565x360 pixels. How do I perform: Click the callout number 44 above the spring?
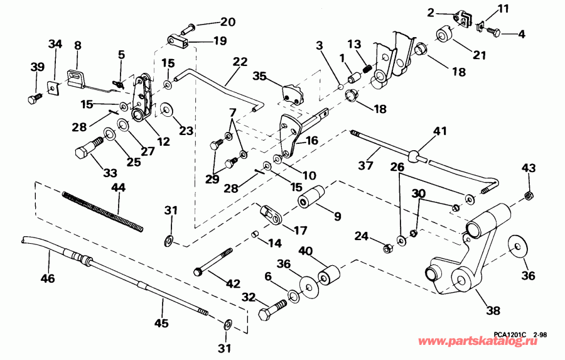(117, 188)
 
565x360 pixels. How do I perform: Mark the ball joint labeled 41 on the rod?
(414, 155)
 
